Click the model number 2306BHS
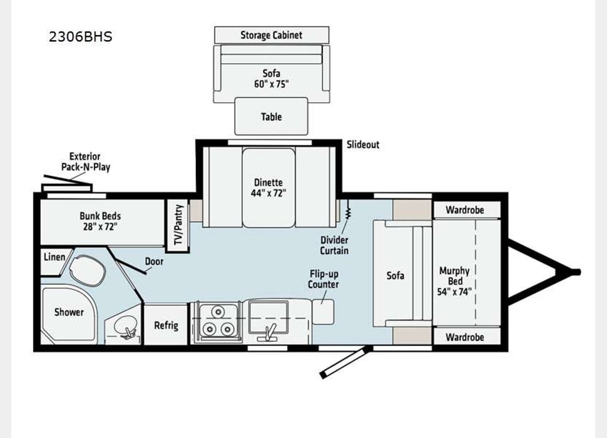(81, 36)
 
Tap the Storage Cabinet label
(272, 35)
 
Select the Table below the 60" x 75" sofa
(271, 116)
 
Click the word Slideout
(363, 145)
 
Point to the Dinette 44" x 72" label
(268, 188)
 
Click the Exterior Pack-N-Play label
(85, 161)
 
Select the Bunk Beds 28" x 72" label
(100, 221)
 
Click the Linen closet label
(54, 257)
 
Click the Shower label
(68, 312)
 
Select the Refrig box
(166, 325)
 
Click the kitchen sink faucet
(271, 332)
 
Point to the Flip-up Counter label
(324, 279)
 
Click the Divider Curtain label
(335, 245)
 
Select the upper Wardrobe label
(464, 210)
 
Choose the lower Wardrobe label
(464, 337)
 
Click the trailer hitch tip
(577, 272)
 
